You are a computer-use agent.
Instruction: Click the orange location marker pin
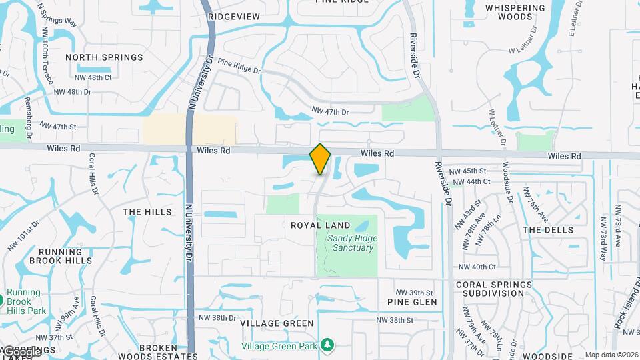[x=321, y=159]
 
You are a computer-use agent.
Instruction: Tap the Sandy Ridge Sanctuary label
[x=351, y=243]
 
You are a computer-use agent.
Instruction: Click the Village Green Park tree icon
[x=327, y=345]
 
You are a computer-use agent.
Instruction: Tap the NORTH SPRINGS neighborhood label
[x=104, y=57]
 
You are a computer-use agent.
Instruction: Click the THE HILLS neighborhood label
[x=147, y=212]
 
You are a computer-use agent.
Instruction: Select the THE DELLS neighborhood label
[x=547, y=230]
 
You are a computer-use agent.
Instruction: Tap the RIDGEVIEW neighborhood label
[x=234, y=16]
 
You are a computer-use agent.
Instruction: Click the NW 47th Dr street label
[x=330, y=112]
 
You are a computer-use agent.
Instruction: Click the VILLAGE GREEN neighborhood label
[x=277, y=323]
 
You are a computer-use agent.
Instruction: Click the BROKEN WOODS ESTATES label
[x=158, y=348]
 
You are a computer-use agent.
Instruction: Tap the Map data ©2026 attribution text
[x=611, y=355]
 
